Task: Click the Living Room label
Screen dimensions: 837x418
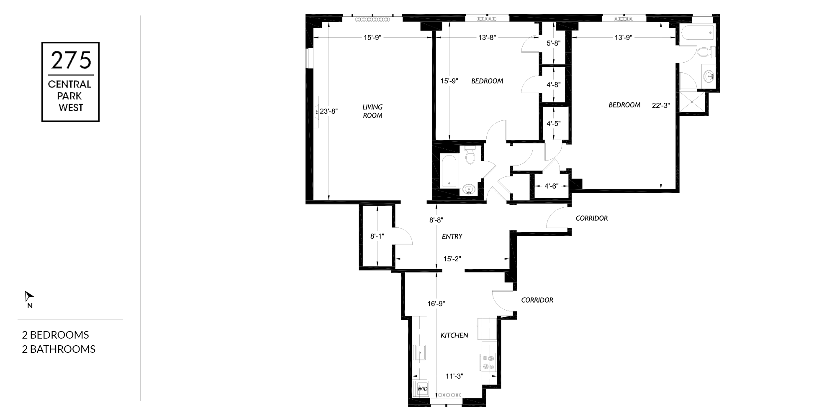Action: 372,111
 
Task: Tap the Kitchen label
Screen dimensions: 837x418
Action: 454,335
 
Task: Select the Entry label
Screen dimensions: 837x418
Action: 452,237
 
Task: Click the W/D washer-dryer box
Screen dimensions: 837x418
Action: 422,389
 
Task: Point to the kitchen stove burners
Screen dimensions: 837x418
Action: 488,362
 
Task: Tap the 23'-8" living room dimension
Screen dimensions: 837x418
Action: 329,112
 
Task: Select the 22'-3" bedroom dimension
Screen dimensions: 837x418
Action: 661,106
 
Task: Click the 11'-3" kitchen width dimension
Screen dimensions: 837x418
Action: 454,376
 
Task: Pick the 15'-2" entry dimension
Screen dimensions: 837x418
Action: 452,259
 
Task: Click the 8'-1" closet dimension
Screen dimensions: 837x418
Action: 377,236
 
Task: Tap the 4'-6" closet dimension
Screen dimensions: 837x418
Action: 551,186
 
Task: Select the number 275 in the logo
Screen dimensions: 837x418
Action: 71,60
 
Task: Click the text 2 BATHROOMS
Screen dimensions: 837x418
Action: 59,349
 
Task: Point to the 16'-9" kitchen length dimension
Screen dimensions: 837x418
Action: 436,304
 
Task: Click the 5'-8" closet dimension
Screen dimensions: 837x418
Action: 553,43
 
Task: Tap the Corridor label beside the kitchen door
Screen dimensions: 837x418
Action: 537,300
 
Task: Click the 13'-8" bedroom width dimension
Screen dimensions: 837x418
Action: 487,37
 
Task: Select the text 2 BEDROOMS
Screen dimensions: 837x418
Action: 55,335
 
